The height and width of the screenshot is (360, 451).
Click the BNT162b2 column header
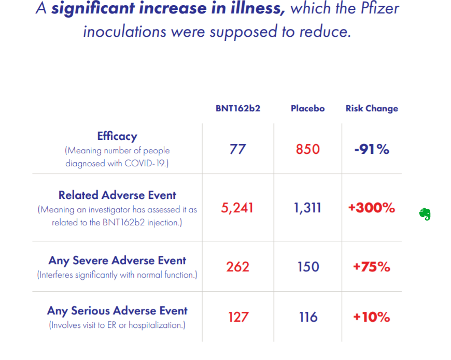point(238,108)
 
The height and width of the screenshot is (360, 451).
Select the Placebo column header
point(307,108)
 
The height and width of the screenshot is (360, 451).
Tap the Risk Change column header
point(372,108)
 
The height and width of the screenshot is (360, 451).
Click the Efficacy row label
point(117,136)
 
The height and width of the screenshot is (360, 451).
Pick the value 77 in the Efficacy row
point(238,150)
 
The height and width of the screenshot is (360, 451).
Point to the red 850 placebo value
point(308,150)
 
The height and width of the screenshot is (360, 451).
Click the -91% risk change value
point(372,150)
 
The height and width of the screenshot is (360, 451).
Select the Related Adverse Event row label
point(117,195)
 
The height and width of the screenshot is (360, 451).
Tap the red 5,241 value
point(237,208)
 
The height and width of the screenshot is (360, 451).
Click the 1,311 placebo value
point(307,208)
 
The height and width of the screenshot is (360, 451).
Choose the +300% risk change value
point(372,208)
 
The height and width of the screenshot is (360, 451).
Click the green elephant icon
point(425,214)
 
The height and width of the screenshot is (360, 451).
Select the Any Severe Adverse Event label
point(117,261)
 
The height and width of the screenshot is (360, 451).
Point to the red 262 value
point(238,267)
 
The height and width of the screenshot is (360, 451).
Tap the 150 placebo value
point(308,267)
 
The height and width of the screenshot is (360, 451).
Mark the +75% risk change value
point(372,267)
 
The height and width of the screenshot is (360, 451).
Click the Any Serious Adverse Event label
point(117,311)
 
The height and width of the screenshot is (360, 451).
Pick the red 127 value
point(238,316)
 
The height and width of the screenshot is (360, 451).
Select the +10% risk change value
point(372,316)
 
